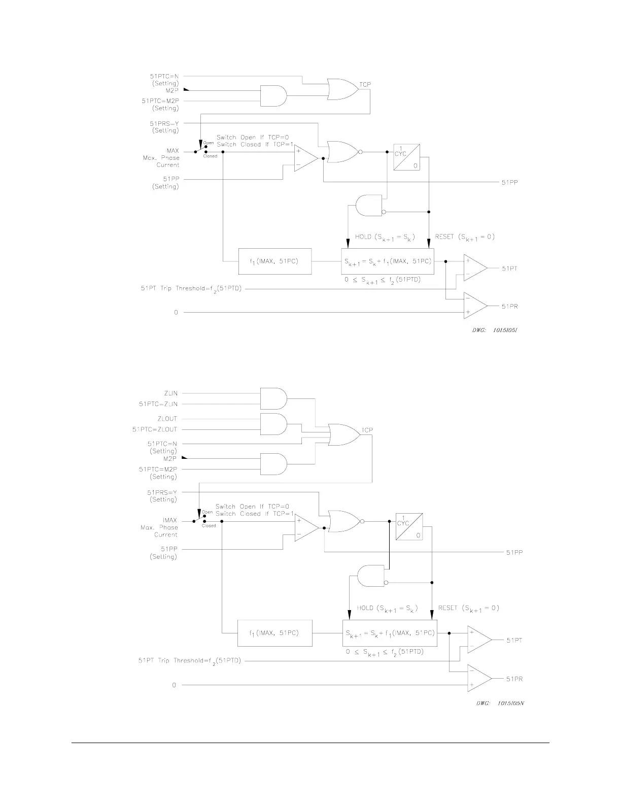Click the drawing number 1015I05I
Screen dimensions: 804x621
505,330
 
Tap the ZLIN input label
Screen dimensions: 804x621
170,393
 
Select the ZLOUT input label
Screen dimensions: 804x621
167,419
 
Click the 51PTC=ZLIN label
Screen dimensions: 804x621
158,404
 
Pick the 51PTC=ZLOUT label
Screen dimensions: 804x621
155,429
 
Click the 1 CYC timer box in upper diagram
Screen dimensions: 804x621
407,157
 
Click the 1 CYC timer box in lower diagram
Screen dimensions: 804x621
409,527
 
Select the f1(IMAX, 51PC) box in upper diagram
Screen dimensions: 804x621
275,261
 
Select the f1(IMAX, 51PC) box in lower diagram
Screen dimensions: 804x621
275,633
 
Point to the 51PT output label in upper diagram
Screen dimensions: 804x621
510,269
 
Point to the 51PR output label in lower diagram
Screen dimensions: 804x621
514,679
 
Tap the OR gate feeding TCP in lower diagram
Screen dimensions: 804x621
342,434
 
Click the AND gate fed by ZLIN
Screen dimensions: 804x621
273,398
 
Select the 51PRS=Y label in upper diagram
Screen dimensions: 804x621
164,123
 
